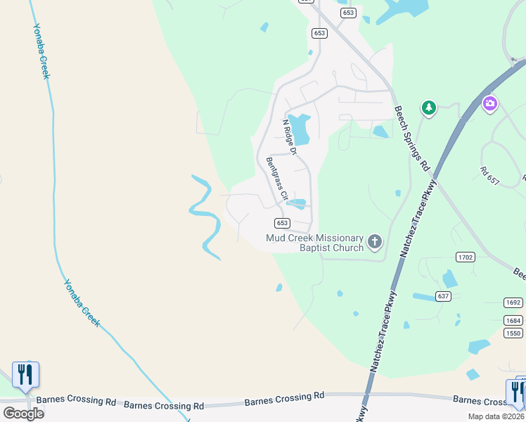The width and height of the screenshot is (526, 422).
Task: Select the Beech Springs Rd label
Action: [411, 139]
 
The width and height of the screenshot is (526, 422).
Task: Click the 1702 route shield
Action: [465, 257]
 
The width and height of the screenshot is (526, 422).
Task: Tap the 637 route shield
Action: [443, 296]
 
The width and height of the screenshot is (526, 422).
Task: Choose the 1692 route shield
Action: [513, 302]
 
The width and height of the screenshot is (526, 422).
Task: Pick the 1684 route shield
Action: [513, 321]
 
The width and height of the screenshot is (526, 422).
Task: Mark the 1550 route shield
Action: [513, 333]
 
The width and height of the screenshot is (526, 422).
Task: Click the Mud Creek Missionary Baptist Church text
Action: [314, 243]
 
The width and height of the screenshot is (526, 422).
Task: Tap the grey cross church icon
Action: [375, 243]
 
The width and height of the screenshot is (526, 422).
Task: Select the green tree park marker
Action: [428, 108]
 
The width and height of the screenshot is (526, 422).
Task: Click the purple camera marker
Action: [490, 104]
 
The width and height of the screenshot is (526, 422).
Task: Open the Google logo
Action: [23, 413]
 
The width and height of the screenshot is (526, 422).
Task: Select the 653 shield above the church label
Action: [281, 223]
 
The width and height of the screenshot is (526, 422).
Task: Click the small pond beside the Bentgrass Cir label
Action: [298, 203]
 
